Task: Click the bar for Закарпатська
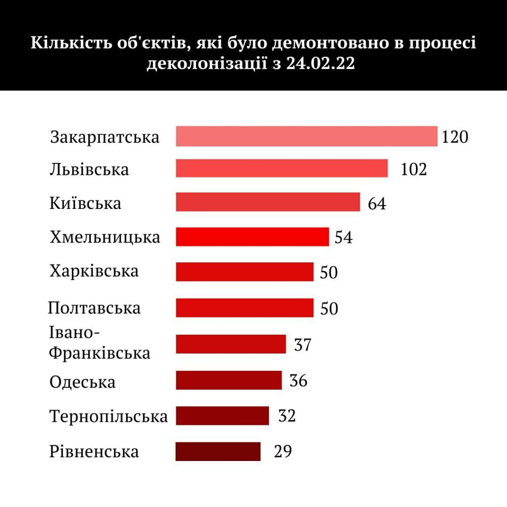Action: click(306, 136)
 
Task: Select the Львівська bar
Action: click(282, 168)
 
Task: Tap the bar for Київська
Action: click(268, 202)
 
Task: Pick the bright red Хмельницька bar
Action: click(252, 237)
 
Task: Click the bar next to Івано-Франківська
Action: click(231, 344)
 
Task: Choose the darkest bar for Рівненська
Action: click(218, 451)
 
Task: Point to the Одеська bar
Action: click(229, 380)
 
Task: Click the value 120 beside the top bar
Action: click(455, 137)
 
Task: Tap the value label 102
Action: click(413, 169)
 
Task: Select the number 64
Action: click(377, 203)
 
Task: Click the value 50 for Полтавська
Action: click(329, 308)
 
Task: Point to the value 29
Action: click(283, 452)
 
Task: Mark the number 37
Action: click(303, 345)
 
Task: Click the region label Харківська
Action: click(94, 271)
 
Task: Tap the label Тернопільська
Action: click(108, 416)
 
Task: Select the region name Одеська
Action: click(83, 382)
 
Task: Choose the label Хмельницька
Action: click(105, 237)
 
